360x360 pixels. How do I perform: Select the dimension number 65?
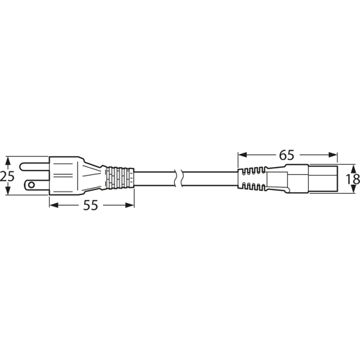[287, 154]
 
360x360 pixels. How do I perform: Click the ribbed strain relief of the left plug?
[120, 177]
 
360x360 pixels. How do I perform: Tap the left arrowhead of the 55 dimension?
[53, 205]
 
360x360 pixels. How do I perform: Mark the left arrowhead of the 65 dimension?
[241, 154]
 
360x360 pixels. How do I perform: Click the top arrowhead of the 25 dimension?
[7, 158]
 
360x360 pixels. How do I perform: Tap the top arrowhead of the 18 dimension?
[351, 166]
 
